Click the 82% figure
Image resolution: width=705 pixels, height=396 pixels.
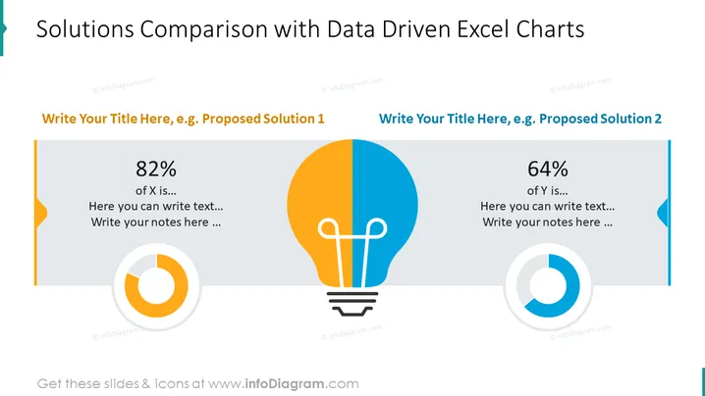(x=156, y=169)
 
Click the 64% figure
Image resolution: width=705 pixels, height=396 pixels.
(x=548, y=169)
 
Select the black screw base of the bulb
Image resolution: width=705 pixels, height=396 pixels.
(x=352, y=304)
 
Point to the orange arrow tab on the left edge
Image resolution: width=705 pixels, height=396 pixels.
(x=41, y=213)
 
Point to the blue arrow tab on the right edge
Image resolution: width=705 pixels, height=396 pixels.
(x=663, y=213)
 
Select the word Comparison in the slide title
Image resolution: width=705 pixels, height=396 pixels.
(x=204, y=30)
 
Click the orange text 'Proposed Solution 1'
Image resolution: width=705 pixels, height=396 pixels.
(x=263, y=119)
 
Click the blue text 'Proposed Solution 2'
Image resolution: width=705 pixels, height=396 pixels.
(x=600, y=119)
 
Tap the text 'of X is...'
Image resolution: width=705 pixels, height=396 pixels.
(x=156, y=191)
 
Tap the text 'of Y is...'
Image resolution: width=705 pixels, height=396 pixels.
(x=548, y=191)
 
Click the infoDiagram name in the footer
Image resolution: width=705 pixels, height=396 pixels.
(x=284, y=384)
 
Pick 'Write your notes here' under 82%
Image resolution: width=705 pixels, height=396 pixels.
(x=149, y=223)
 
